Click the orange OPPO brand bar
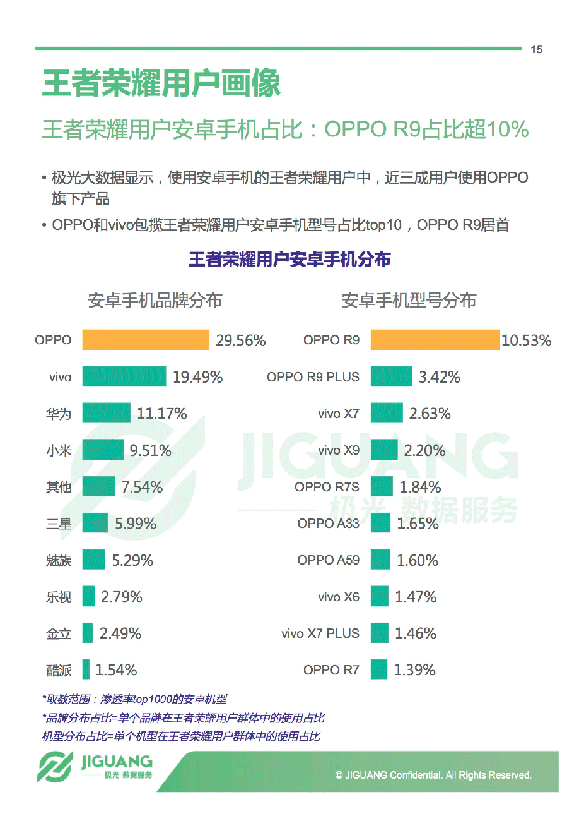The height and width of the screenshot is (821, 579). point(145,340)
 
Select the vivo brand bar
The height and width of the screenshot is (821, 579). point(124,377)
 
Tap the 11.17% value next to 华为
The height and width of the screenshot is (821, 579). point(162,414)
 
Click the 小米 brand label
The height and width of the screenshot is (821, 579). point(59,450)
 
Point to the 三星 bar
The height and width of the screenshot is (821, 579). point(95,523)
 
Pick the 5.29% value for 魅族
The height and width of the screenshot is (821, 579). point(132,560)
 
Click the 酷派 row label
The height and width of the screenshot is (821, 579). point(59,670)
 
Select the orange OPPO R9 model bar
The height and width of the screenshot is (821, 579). point(435,340)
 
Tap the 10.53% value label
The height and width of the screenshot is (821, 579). point(526,340)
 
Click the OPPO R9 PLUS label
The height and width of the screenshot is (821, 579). point(313,377)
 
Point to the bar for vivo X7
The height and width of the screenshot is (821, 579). point(386,414)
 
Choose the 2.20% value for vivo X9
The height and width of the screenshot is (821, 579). point(424,450)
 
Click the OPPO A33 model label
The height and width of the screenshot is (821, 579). point(328,524)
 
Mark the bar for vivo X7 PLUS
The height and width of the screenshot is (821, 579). point(379,633)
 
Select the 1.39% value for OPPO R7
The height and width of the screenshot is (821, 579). point(414,670)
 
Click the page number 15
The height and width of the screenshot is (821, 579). point(536,50)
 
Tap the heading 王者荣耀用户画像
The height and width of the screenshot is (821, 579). point(161,84)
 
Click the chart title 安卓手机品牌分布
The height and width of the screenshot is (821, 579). point(155,300)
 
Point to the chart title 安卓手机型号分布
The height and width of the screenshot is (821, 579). point(409,300)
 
